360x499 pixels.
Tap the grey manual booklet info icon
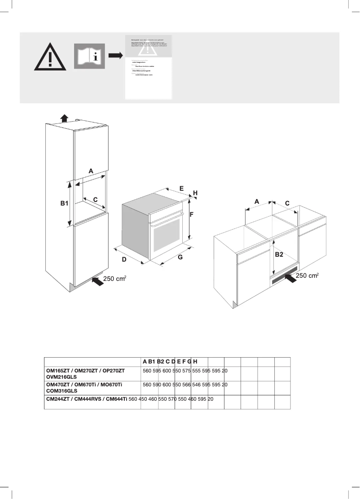click(89, 56)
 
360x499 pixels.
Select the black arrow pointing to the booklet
click(115, 55)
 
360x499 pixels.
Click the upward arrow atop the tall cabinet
click(64, 118)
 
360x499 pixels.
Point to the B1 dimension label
click(64, 203)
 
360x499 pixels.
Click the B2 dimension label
click(279, 254)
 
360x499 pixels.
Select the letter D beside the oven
click(124, 260)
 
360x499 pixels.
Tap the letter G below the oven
click(180, 258)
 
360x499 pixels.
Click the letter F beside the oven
click(191, 214)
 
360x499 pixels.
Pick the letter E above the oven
click(181, 189)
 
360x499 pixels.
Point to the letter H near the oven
click(195, 193)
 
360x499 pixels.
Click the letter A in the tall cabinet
click(91, 171)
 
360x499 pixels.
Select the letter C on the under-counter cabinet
click(287, 203)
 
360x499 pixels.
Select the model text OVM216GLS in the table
click(62, 378)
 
